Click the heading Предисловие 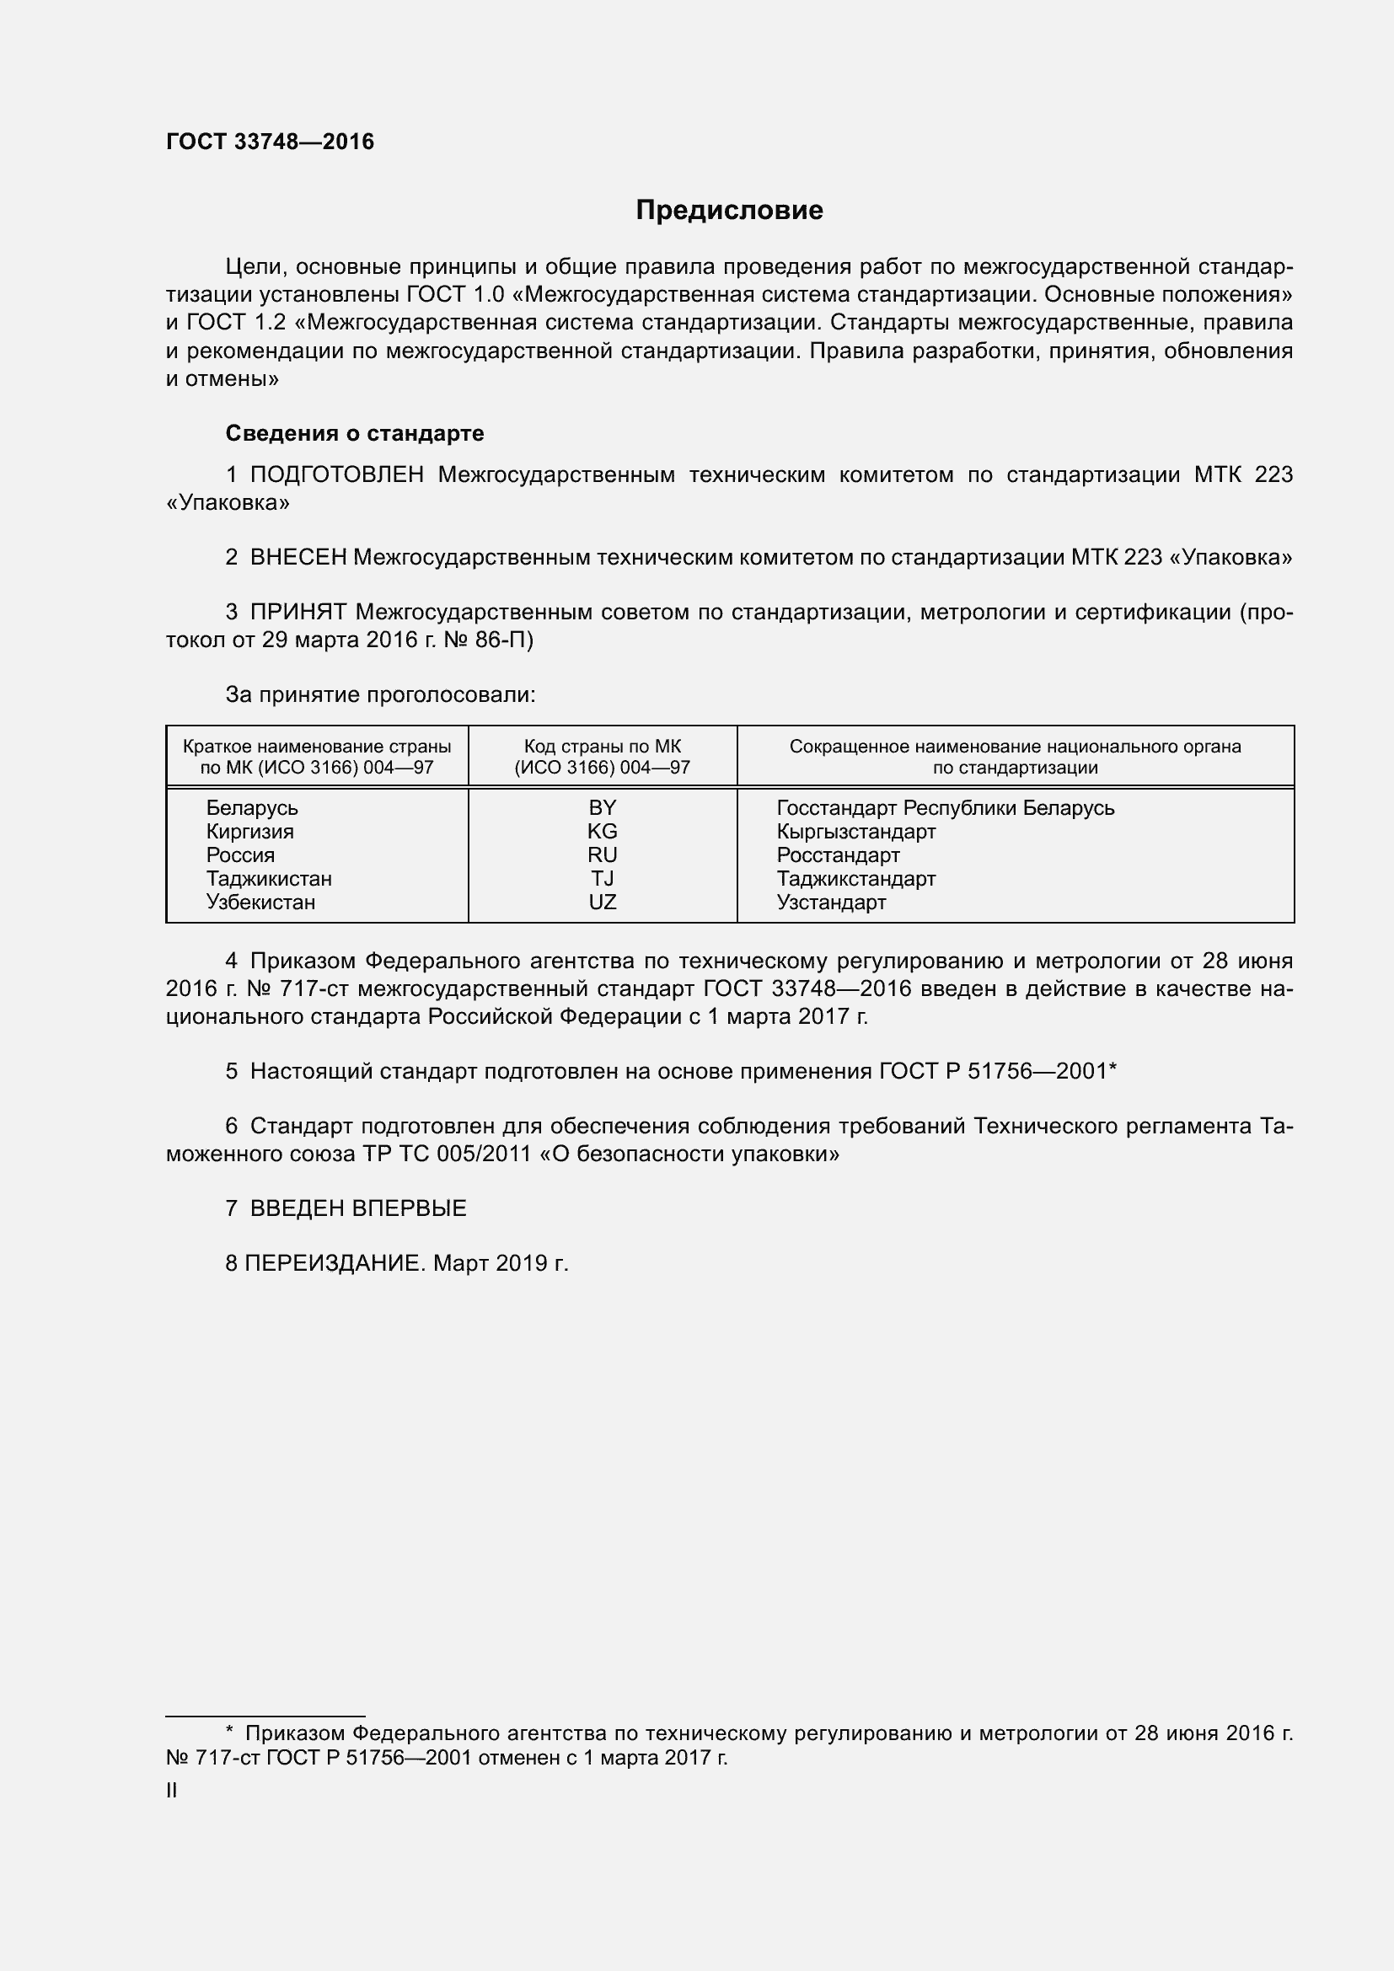[729, 211]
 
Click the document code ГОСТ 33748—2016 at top [271, 142]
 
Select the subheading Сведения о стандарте [355, 433]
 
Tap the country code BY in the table [602, 808]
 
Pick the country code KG [602, 831]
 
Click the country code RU [602, 855]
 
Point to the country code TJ [602, 878]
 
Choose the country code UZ [602, 902]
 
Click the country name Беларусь [251, 808]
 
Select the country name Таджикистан [269, 878]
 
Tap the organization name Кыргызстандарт [855, 831]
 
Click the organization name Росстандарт [838, 855]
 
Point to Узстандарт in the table [831, 902]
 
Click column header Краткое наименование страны [317, 747]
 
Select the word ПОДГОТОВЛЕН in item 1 [336, 474]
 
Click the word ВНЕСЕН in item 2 [298, 557]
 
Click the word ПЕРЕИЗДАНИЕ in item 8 [335, 1263]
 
